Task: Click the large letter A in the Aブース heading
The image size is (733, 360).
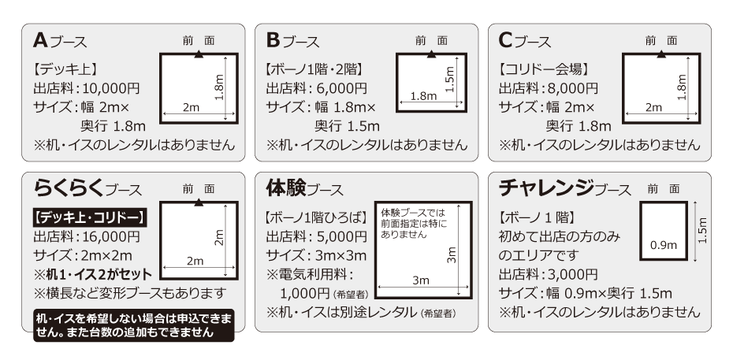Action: coord(42,39)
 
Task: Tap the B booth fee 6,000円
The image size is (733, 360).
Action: coord(340,88)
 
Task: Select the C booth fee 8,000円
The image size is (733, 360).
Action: coord(572,88)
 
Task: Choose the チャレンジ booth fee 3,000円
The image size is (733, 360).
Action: coord(572,274)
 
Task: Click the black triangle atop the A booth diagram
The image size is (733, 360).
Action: coord(199,53)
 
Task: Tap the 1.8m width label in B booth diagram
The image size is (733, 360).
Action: coord(423,96)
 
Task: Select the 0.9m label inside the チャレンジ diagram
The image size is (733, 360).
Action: coord(663,245)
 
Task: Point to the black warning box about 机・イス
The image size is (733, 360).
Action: coord(129,325)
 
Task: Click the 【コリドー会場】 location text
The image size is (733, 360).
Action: coord(545,69)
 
